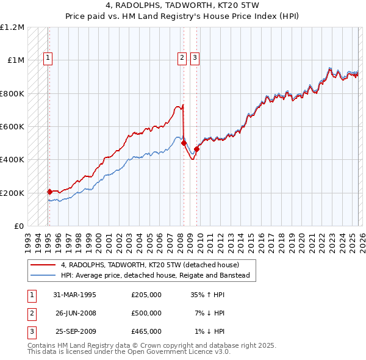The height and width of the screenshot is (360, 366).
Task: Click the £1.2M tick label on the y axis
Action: click(12, 27)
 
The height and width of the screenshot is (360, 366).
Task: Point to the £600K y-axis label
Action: click(12, 127)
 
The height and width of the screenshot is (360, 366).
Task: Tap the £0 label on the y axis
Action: click(18, 226)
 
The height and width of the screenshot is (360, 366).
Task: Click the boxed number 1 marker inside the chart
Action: click(48, 58)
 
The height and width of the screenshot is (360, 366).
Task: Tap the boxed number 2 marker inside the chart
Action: click(182, 58)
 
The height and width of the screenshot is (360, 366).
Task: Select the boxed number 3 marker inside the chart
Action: click(195, 58)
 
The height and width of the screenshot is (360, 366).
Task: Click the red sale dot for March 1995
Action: click(49, 192)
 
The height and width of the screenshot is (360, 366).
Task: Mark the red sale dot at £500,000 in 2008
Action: click(184, 143)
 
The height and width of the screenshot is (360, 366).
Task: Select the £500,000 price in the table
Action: click(146, 313)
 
